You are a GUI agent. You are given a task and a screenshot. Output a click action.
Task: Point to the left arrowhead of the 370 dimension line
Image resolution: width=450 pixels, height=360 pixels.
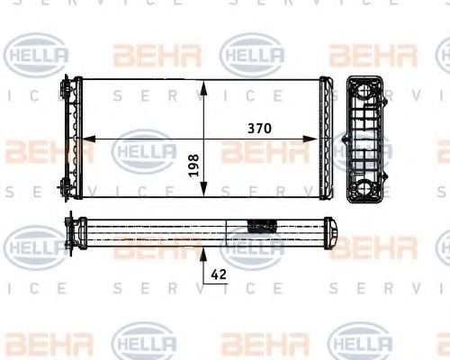87,139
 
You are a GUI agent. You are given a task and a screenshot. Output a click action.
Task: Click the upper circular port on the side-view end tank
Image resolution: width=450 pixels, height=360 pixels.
364,92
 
